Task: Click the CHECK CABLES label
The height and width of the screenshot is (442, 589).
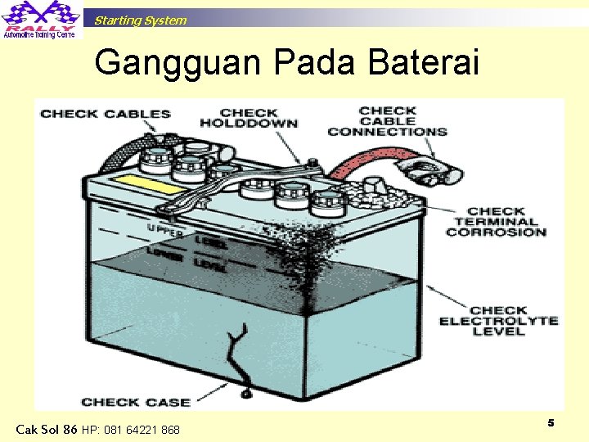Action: (x=106, y=114)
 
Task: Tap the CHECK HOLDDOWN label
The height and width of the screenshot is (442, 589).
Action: (x=249, y=118)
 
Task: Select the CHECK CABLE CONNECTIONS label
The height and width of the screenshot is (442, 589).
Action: (x=387, y=121)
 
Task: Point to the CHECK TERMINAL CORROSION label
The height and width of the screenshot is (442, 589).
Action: (x=496, y=222)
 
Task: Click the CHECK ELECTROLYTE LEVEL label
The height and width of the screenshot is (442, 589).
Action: (x=498, y=321)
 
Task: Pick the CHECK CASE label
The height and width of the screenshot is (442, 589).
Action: (x=136, y=402)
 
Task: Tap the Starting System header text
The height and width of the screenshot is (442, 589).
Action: (x=140, y=20)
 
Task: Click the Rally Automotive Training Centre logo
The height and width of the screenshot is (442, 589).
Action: (x=40, y=20)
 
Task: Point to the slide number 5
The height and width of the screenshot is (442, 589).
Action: (x=551, y=422)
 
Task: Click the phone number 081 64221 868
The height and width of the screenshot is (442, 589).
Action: (x=131, y=430)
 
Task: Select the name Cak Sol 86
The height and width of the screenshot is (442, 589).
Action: (x=47, y=429)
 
